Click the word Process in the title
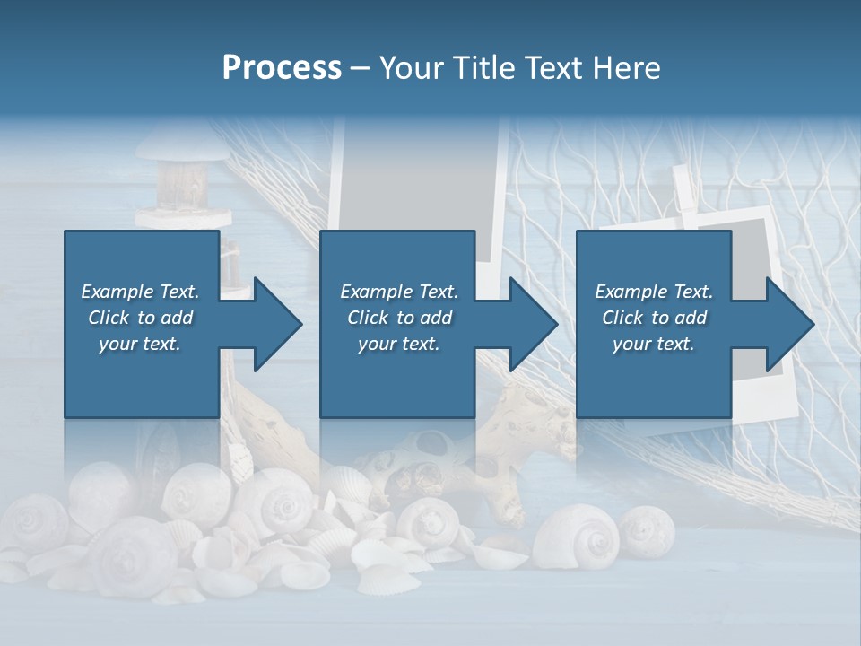(x=282, y=68)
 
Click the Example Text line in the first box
(x=140, y=292)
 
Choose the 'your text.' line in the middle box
(x=398, y=344)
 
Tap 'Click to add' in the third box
(x=654, y=318)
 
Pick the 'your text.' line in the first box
(x=140, y=344)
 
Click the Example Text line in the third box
(x=654, y=292)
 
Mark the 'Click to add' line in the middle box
(x=398, y=318)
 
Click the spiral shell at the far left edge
(x=27, y=520)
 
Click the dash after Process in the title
(x=361, y=68)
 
